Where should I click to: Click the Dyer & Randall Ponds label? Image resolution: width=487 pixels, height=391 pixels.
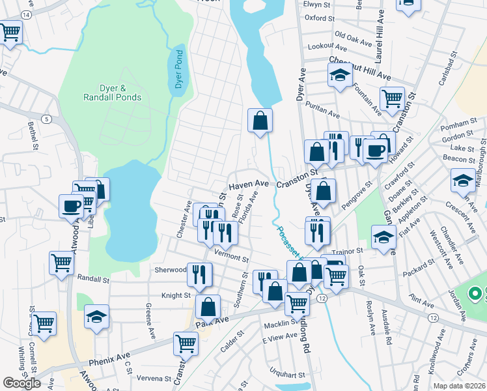tap(112, 92)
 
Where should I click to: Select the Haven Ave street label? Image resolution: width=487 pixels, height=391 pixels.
tap(247, 184)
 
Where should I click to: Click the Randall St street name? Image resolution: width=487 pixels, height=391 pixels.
tap(90, 278)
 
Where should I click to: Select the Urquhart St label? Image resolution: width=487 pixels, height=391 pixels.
tap(289, 375)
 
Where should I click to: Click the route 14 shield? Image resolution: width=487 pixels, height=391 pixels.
tap(25, 14)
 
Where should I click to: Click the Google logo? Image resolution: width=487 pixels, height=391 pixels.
tap(22, 383)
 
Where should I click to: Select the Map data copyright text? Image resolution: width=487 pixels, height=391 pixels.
tap(460, 386)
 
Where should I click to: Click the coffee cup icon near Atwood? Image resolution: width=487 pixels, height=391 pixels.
tap(71, 205)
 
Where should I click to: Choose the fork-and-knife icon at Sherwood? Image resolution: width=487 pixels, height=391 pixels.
tap(199, 274)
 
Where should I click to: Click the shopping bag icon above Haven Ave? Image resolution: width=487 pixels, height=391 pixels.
tap(260, 120)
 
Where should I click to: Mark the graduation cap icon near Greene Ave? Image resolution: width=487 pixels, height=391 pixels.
tap(96, 316)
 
